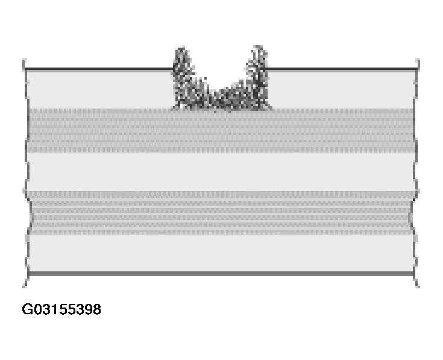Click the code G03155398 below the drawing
click(61, 309)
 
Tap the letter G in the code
click(27, 309)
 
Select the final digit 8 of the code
click(97, 309)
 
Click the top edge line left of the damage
click(99, 69)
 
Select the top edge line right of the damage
click(342, 69)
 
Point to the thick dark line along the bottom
click(221, 274)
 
